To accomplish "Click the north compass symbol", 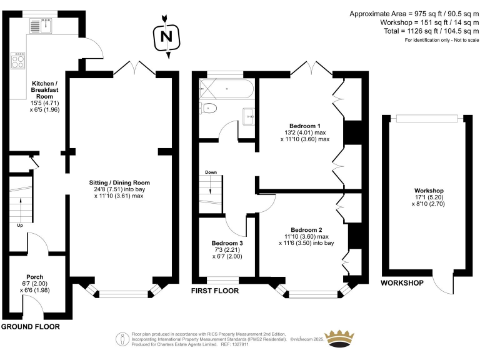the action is (166, 36).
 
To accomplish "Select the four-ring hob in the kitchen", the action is (17, 61).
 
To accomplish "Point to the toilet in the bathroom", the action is (208, 108).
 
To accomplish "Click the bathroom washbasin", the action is (249, 116).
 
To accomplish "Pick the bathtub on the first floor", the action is (226, 89).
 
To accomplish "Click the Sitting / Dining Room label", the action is (119, 182).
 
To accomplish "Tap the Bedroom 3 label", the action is (227, 243).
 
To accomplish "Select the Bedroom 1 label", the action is (305, 126).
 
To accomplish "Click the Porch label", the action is (34, 277).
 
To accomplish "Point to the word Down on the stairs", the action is (211, 172).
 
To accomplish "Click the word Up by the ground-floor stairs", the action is (20, 226).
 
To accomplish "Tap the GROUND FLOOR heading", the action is (30, 327).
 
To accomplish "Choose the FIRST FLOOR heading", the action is (215, 291).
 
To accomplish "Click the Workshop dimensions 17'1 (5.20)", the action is (429, 197).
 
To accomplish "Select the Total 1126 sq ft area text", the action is (431, 31).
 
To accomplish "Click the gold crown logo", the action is (339, 339).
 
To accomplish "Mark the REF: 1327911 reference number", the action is (234, 344).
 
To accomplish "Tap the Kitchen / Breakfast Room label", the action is (45, 90).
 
